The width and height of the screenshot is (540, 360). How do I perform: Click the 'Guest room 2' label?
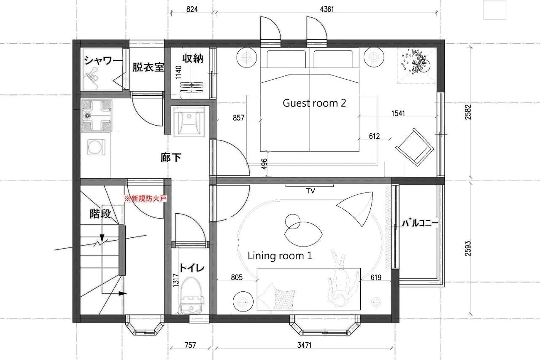(x=314, y=103)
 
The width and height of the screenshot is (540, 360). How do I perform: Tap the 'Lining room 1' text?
(x=280, y=255)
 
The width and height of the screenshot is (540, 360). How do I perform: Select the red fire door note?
(x=146, y=199)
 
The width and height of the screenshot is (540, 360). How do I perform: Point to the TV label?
(x=310, y=191)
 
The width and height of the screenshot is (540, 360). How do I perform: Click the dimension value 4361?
(x=327, y=9)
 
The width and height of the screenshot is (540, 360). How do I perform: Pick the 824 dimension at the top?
(x=192, y=9)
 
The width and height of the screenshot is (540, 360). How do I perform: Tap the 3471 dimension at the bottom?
(x=304, y=345)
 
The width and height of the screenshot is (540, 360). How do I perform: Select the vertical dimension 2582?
(x=468, y=112)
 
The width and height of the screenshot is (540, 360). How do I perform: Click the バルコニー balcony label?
(x=420, y=223)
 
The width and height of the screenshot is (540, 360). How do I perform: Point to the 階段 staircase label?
(x=100, y=213)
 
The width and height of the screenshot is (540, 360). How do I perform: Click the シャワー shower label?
(x=103, y=60)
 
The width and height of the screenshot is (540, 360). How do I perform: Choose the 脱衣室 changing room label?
(x=148, y=67)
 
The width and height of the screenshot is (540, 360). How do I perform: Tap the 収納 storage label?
(x=193, y=58)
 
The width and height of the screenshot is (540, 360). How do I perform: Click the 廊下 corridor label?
(x=171, y=158)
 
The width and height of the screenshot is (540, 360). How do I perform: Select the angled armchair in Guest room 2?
(x=415, y=147)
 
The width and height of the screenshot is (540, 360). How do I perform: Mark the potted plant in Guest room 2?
(x=416, y=62)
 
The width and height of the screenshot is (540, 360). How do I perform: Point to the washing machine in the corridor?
(x=96, y=147)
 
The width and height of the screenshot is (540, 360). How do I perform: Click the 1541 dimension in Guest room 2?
(x=398, y=113)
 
